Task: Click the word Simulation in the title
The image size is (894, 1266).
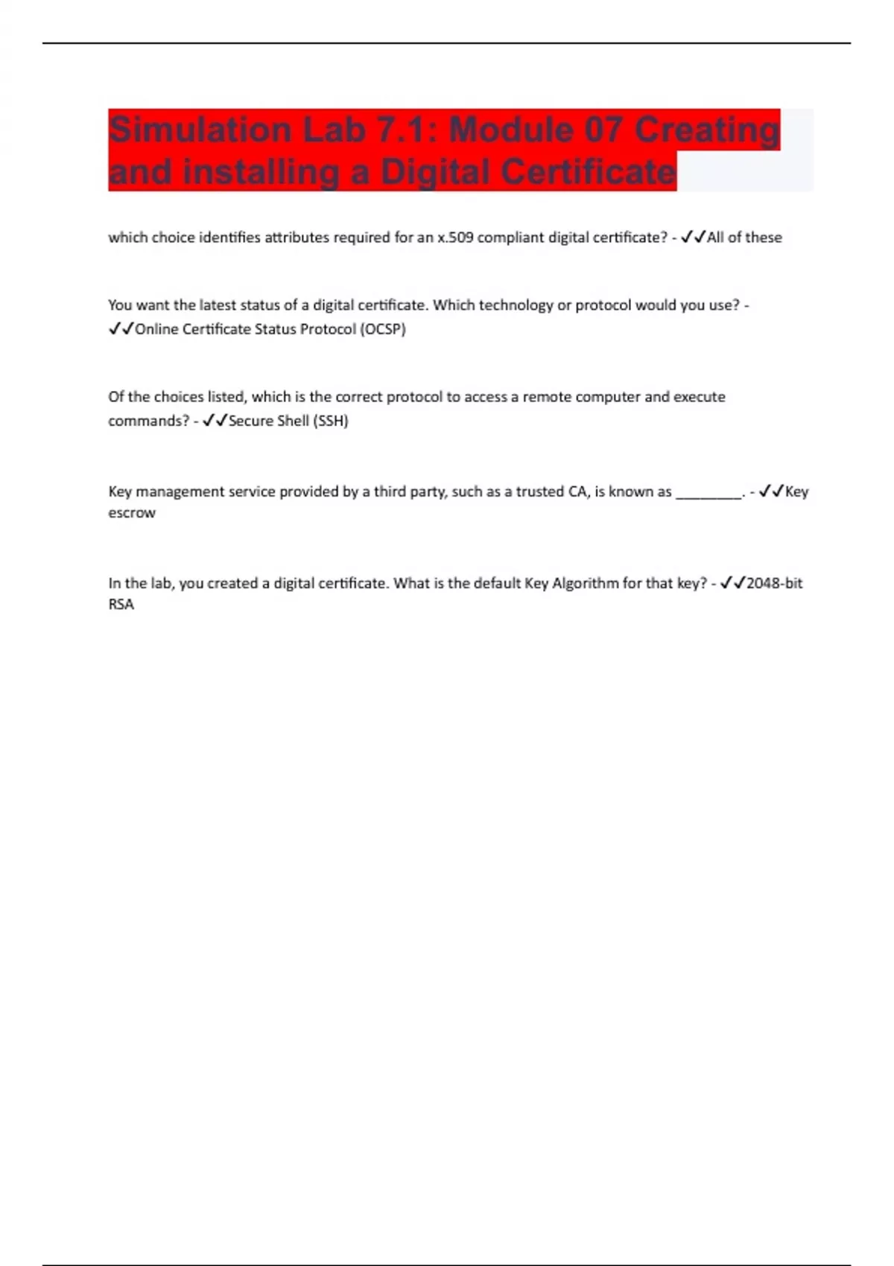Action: pos(199,130)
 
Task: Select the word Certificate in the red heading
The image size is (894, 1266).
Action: pos(589,172)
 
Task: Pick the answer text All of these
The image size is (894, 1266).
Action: pos(744,238)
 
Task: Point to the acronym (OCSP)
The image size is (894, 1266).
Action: pos(383,329)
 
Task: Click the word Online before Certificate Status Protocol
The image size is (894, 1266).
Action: pos(156,329)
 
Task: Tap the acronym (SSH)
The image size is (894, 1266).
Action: pos(330,421)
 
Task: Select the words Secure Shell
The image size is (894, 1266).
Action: pos(268,421)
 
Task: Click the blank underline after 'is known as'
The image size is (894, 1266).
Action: pos(708,492)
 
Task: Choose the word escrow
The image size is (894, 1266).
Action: pos(132,513)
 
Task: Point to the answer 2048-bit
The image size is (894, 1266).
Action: pos(774,583)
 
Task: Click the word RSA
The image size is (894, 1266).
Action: pos(121,605)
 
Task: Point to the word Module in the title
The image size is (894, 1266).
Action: pos(512,130)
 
